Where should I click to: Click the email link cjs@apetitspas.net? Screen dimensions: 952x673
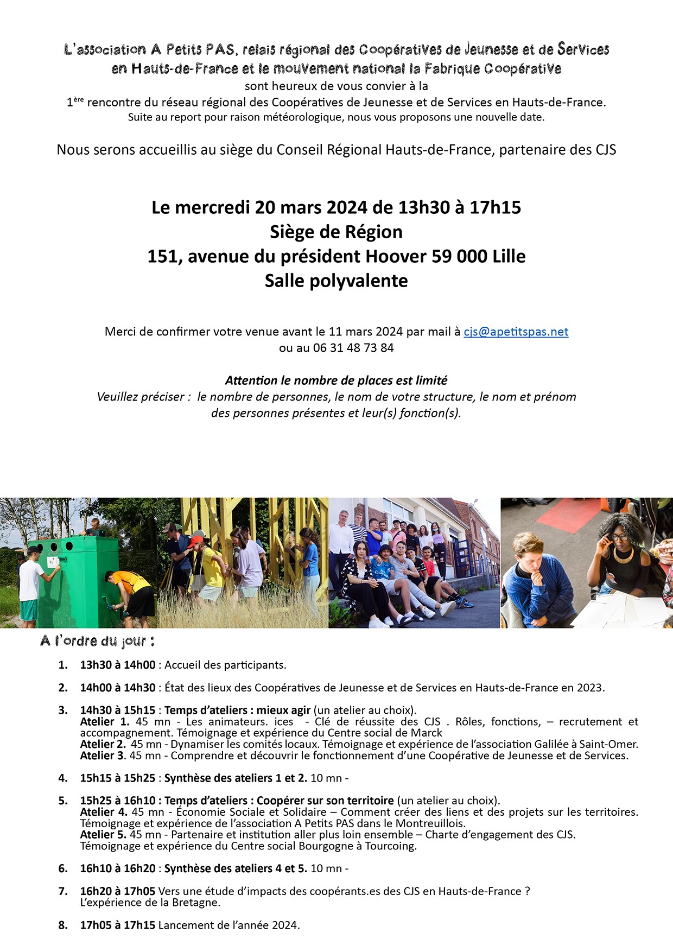516,332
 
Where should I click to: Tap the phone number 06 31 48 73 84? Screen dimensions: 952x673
353,348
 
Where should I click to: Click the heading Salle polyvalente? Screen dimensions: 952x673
336,281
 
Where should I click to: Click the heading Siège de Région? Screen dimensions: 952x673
336,232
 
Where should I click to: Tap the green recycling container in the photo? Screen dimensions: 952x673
76,575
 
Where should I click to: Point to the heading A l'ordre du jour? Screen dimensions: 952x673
98,641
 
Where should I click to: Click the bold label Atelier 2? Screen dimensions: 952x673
103,744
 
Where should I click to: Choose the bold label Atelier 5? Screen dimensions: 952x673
103,834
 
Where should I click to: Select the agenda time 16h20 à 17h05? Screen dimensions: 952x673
118,891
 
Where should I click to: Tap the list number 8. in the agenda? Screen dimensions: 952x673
63,925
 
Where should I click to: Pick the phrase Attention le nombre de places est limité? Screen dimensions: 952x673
336,380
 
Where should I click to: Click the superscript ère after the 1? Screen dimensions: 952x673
79,99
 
